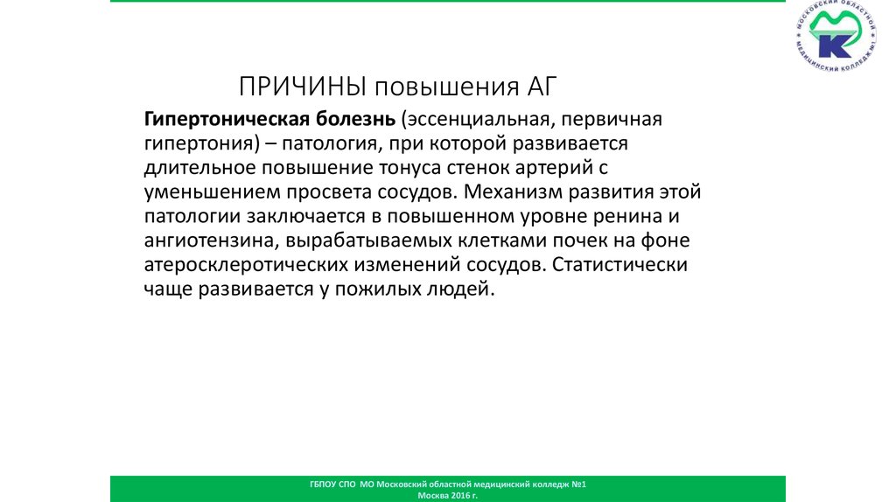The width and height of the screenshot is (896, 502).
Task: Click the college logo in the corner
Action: coord(836,41)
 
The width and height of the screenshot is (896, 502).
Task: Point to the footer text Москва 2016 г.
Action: coord(448,495)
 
